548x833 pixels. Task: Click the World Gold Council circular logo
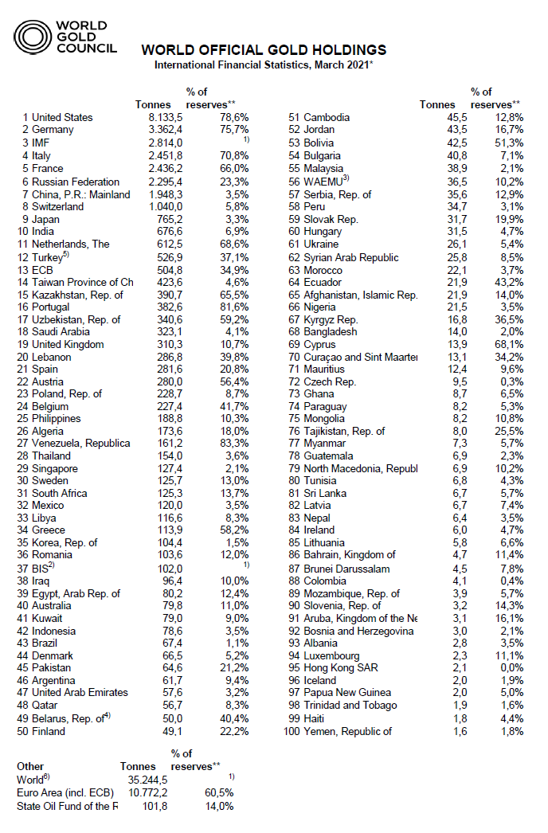(32, 37)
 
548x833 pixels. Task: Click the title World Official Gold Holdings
(264, 50)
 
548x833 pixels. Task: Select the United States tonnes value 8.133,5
(163, 117)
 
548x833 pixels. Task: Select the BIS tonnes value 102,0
(169, 569)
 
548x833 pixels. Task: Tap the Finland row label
(49, 731)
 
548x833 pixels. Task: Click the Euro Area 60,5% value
(219, 792)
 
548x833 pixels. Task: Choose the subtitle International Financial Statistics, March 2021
(264, 65)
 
